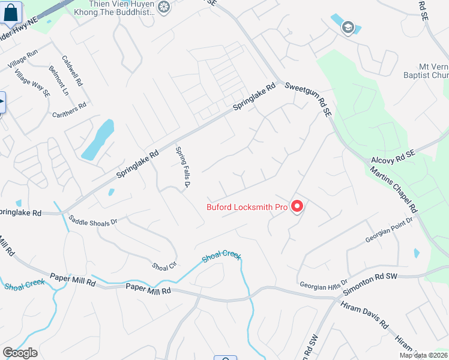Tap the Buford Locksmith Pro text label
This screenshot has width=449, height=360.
[247, 208]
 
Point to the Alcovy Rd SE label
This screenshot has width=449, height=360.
[393, 154]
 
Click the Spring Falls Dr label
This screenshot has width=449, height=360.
[182, 167]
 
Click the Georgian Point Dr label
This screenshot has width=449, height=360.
[390, 230]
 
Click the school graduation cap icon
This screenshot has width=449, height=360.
[348, 27]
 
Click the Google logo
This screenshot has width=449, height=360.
[20, 353]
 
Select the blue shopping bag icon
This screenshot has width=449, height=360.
[11, 13]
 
